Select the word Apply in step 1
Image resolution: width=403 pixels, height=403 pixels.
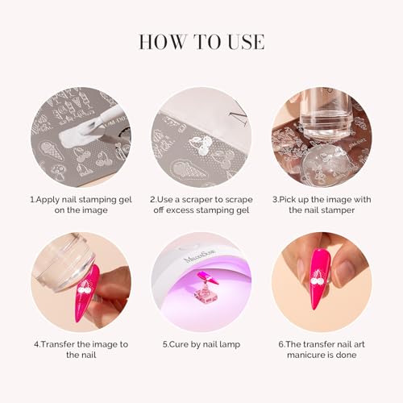pyautogui.click(x=48, y=200)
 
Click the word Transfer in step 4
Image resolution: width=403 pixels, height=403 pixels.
pyautogui.click(x=58, y=344)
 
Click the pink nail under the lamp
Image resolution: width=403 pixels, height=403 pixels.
pyautogui.click(x=208, y=278)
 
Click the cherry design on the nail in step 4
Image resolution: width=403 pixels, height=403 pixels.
pyautogui.click(x=85, y=287)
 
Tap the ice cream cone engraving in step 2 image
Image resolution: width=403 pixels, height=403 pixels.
pyautogui.click(x=188, y=169)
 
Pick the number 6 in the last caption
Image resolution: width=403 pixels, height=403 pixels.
pyautogui.click(x=281, y=344)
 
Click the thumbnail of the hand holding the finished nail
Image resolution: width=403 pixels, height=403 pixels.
pyautogui.click(x=322, y=282)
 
